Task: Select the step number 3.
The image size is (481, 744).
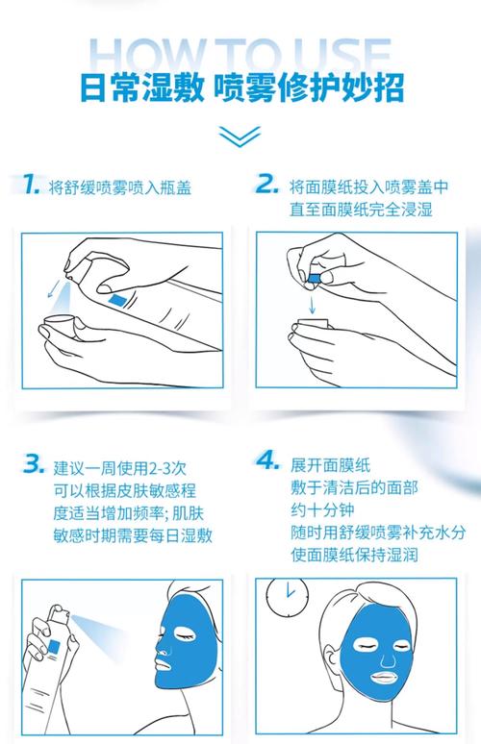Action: coord(34,465)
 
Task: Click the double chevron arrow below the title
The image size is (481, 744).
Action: coord(240,135)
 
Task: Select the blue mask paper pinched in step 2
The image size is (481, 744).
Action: coord(313,279)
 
